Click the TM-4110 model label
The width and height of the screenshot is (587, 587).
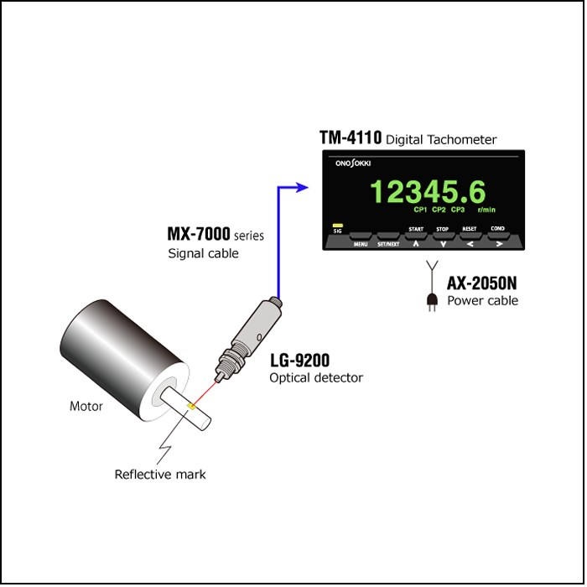(351, 138)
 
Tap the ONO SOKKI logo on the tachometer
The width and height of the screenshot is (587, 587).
(353, 164)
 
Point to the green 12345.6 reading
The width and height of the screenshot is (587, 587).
(428, 191)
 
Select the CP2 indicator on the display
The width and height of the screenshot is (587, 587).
(439, 210)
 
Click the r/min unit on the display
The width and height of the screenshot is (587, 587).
(486, 210)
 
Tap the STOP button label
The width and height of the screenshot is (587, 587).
(442, 229)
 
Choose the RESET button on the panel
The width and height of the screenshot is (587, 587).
(470, 236)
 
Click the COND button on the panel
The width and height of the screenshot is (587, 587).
(498, 236)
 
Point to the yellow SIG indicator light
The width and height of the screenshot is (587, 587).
(337, 226)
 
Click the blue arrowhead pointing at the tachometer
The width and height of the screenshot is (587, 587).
(301, 188)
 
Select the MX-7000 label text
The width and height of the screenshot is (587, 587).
(199, 234)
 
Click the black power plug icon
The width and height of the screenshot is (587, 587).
(432, 301)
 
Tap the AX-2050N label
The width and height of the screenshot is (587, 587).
(481, 283)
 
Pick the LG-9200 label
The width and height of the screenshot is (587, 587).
(300, 361)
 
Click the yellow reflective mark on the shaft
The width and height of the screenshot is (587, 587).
(192, 406)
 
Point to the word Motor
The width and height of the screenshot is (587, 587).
(86, 406)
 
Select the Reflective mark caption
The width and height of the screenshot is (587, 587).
(160, 475)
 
